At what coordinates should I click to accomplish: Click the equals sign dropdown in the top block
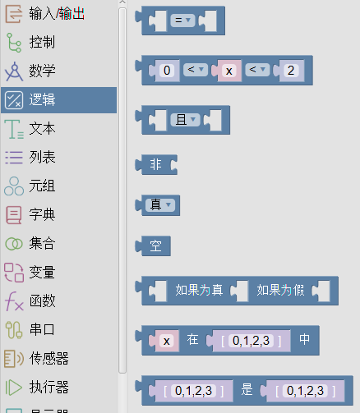182,21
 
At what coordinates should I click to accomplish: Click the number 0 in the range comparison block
167,71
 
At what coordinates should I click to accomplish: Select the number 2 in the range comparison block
291,71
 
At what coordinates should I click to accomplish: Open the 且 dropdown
186,120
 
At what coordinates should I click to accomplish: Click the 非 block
156,165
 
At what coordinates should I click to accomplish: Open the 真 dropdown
160,204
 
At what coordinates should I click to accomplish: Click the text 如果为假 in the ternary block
280,291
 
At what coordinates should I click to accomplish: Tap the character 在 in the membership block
192,340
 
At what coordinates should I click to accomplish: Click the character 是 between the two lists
247,390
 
